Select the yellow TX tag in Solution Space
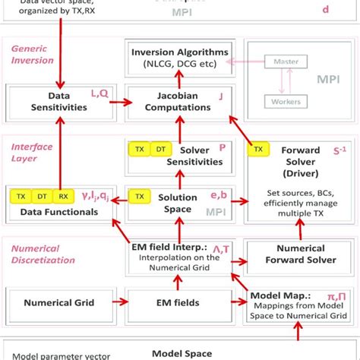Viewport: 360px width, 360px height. (x=140, y=196)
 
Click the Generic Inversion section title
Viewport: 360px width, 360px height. (x=33, y=54)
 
